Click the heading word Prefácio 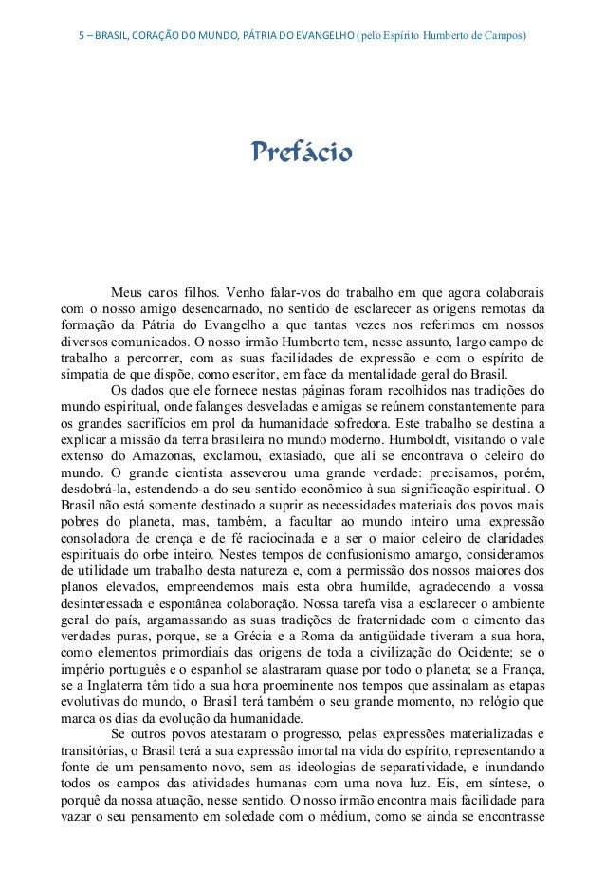point(301,152)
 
